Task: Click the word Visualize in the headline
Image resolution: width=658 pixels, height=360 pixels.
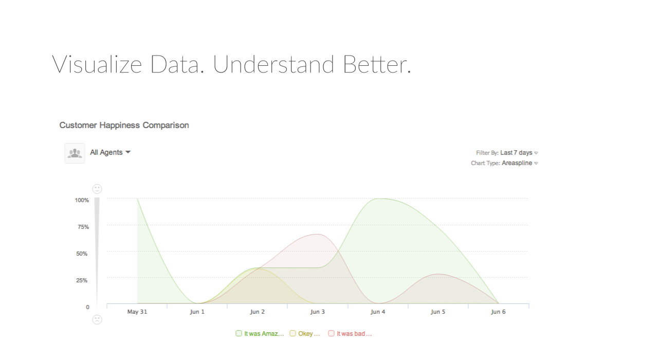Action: click(97, 64)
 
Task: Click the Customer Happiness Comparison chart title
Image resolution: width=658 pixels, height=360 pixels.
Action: click(124, 125)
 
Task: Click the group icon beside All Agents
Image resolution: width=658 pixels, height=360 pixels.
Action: click(75, 153)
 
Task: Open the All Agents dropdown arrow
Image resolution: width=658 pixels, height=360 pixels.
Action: click(128, 152)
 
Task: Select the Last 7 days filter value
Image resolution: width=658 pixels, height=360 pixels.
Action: click(516, 153)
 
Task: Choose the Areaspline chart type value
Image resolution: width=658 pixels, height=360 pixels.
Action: click(517, 163)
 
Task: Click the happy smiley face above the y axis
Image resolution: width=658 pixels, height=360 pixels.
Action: click(97, 189)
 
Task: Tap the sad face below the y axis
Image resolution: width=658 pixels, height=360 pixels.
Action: click(97, 319)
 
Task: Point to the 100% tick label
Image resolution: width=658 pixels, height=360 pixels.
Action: click(82, 200)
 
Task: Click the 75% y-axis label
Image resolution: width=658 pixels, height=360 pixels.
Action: click(83, 227)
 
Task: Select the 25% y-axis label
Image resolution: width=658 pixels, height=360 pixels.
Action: click(82, 280)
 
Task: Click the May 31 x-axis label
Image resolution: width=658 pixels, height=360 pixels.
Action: click(137, 312)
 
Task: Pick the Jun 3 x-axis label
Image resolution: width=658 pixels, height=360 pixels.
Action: click(318, 312)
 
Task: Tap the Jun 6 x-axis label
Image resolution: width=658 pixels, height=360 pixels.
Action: click(498, 312)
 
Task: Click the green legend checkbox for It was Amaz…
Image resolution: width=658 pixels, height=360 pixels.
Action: click(239, 333)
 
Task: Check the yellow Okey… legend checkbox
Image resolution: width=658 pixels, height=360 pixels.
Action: click(293, 333)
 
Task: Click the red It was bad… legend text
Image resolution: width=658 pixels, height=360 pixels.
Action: click(354, 334)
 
